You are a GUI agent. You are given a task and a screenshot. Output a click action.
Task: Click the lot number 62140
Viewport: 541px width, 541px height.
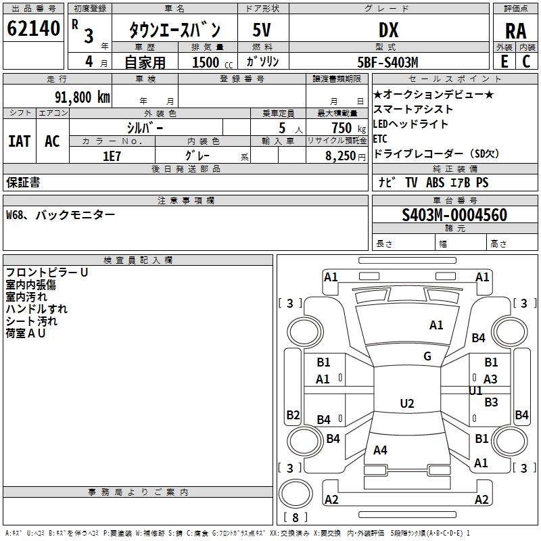tap(33, 28)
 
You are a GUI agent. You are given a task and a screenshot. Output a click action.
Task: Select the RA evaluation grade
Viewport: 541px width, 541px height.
tap(516, 31)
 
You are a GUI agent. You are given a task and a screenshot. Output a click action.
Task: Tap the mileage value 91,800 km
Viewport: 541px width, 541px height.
tap(83, 97)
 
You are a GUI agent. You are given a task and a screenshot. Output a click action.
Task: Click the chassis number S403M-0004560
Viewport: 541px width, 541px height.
tap(454, 215)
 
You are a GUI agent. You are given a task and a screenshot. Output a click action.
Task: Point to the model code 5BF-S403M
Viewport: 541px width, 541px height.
tap(387, 62)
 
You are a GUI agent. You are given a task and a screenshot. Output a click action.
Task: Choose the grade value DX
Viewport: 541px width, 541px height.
tap(388, 30)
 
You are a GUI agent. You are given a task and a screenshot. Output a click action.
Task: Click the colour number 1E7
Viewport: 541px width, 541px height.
tap(112, 156)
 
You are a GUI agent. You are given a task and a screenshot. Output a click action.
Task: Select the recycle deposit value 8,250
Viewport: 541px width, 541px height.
tap(340, 156)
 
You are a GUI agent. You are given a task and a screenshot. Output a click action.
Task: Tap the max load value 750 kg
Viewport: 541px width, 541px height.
tap(349, 128)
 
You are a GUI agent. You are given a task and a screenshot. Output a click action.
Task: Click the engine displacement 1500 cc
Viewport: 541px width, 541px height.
tap(212, 62)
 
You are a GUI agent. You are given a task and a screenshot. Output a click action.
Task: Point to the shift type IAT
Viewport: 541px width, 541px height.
tap(20, 141)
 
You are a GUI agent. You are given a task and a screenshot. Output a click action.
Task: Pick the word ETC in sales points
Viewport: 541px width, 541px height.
tap(380, 139)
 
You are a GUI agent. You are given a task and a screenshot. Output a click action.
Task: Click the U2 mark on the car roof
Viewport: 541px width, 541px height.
tap(407, 403)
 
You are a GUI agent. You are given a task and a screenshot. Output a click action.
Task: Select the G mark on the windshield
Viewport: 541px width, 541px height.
tap(427, 356)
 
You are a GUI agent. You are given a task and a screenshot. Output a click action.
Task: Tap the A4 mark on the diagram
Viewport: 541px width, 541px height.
tap(380, 450)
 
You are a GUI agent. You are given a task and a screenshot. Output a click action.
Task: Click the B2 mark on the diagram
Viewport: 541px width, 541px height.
tap(293, 415)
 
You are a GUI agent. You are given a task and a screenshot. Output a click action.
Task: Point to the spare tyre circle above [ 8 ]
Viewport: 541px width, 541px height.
tap(296, 494)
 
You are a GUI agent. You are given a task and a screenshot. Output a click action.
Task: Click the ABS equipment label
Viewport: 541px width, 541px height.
tap(435, 183)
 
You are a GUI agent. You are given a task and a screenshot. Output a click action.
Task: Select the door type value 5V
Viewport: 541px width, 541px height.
tap(262, 30)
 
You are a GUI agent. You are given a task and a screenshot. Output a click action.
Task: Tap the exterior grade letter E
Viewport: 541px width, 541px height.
tap(504, 62)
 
